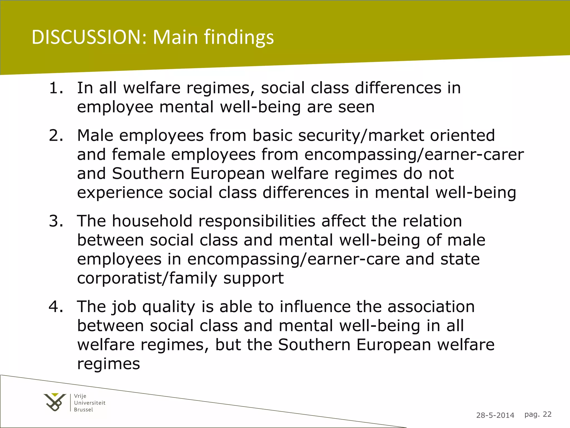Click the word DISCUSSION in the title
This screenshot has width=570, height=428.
89,37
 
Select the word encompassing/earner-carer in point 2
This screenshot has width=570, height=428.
414,155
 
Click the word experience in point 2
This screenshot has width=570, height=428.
120,193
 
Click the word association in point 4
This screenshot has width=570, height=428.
431,307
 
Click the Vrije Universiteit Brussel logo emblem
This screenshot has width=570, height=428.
55,402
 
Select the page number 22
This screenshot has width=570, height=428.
547,414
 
